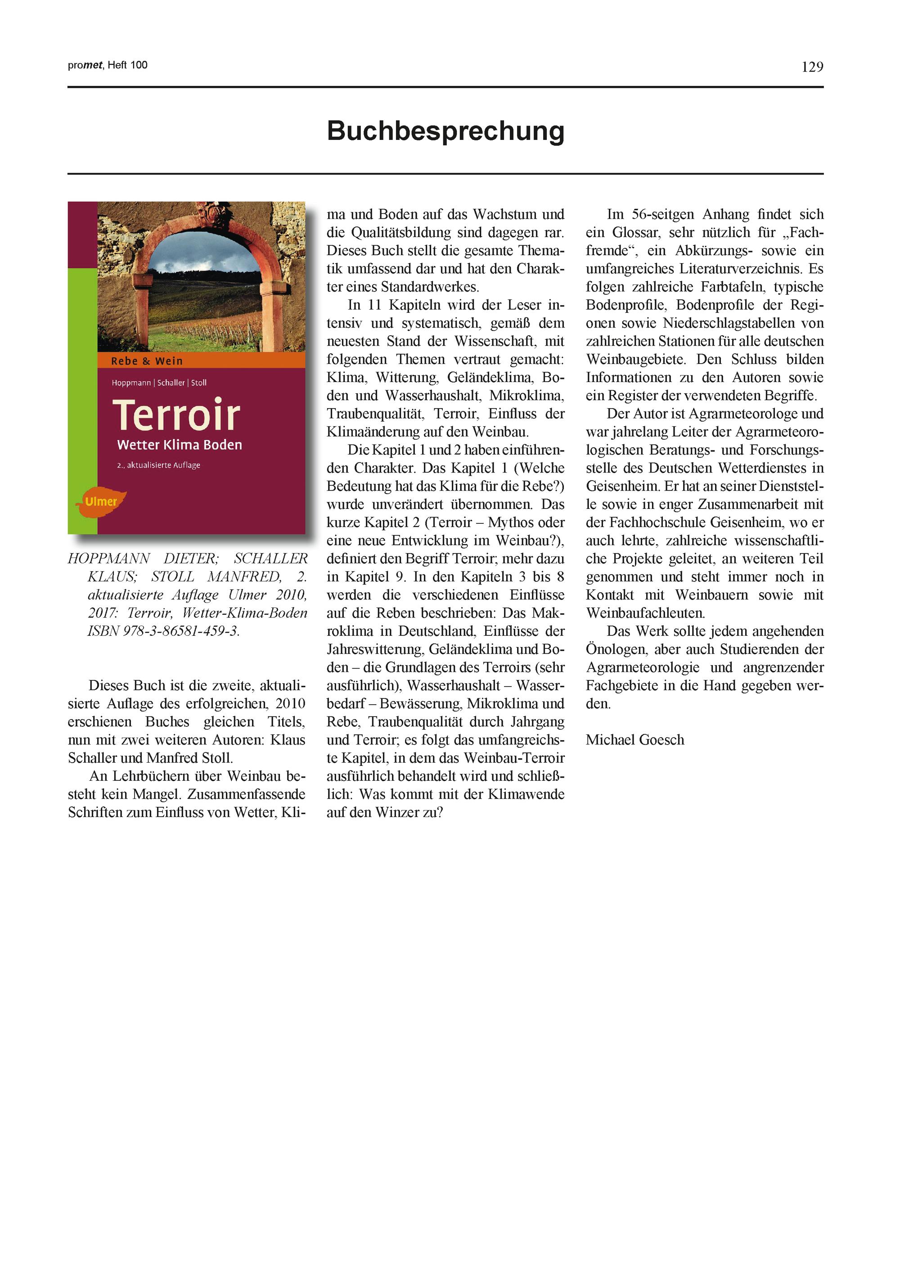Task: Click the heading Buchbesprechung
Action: tap(445, 131)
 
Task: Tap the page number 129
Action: tap(812, 67)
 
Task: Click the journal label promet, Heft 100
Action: tap(108, 65)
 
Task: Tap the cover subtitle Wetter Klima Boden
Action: tap(179, 445)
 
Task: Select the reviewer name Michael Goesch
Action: tap(634, 740)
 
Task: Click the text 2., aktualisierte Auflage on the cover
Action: tap(158, 465)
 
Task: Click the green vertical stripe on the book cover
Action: tap(82, 399)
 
